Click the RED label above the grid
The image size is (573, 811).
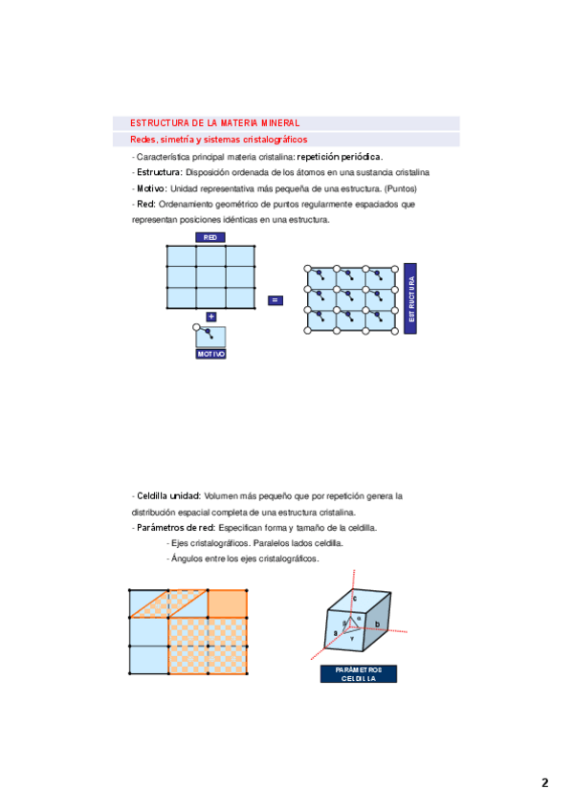pos(209,237)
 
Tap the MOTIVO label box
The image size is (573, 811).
pos(211,354)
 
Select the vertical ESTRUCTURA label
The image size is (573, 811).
pos(410,298)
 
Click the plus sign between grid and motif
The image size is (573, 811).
pos(211,317)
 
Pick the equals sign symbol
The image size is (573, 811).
pos(275,300)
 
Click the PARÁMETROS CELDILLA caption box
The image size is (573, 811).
pos(359,674)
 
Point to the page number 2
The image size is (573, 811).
pos(544,782)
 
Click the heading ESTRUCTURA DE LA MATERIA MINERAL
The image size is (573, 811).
pos(214,123)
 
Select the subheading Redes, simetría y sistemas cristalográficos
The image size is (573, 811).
pos(219,139)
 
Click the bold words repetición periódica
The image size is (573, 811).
pos(340,157)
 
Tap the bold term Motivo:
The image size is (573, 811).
pos(152,188)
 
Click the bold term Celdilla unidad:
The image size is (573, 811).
pos(168,496)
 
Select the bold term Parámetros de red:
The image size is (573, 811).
pos(176,528)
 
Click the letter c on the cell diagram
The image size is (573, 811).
pos(354,599)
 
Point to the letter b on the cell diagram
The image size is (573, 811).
pos(378,625)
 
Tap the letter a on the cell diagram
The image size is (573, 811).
pos(336,633)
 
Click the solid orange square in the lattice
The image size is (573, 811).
pos(227,603)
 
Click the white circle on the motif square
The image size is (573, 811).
pos(196,327)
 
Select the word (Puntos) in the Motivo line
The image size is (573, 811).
pos(401,188)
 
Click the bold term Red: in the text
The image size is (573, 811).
pos(146,205)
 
